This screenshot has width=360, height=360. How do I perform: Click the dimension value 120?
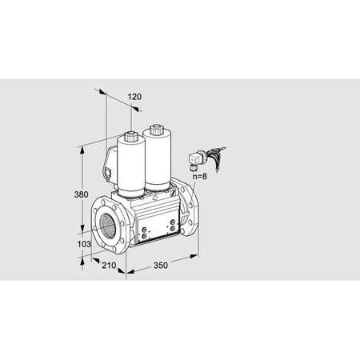tap(134, 97)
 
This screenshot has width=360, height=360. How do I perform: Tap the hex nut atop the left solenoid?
tap(129, 129)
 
